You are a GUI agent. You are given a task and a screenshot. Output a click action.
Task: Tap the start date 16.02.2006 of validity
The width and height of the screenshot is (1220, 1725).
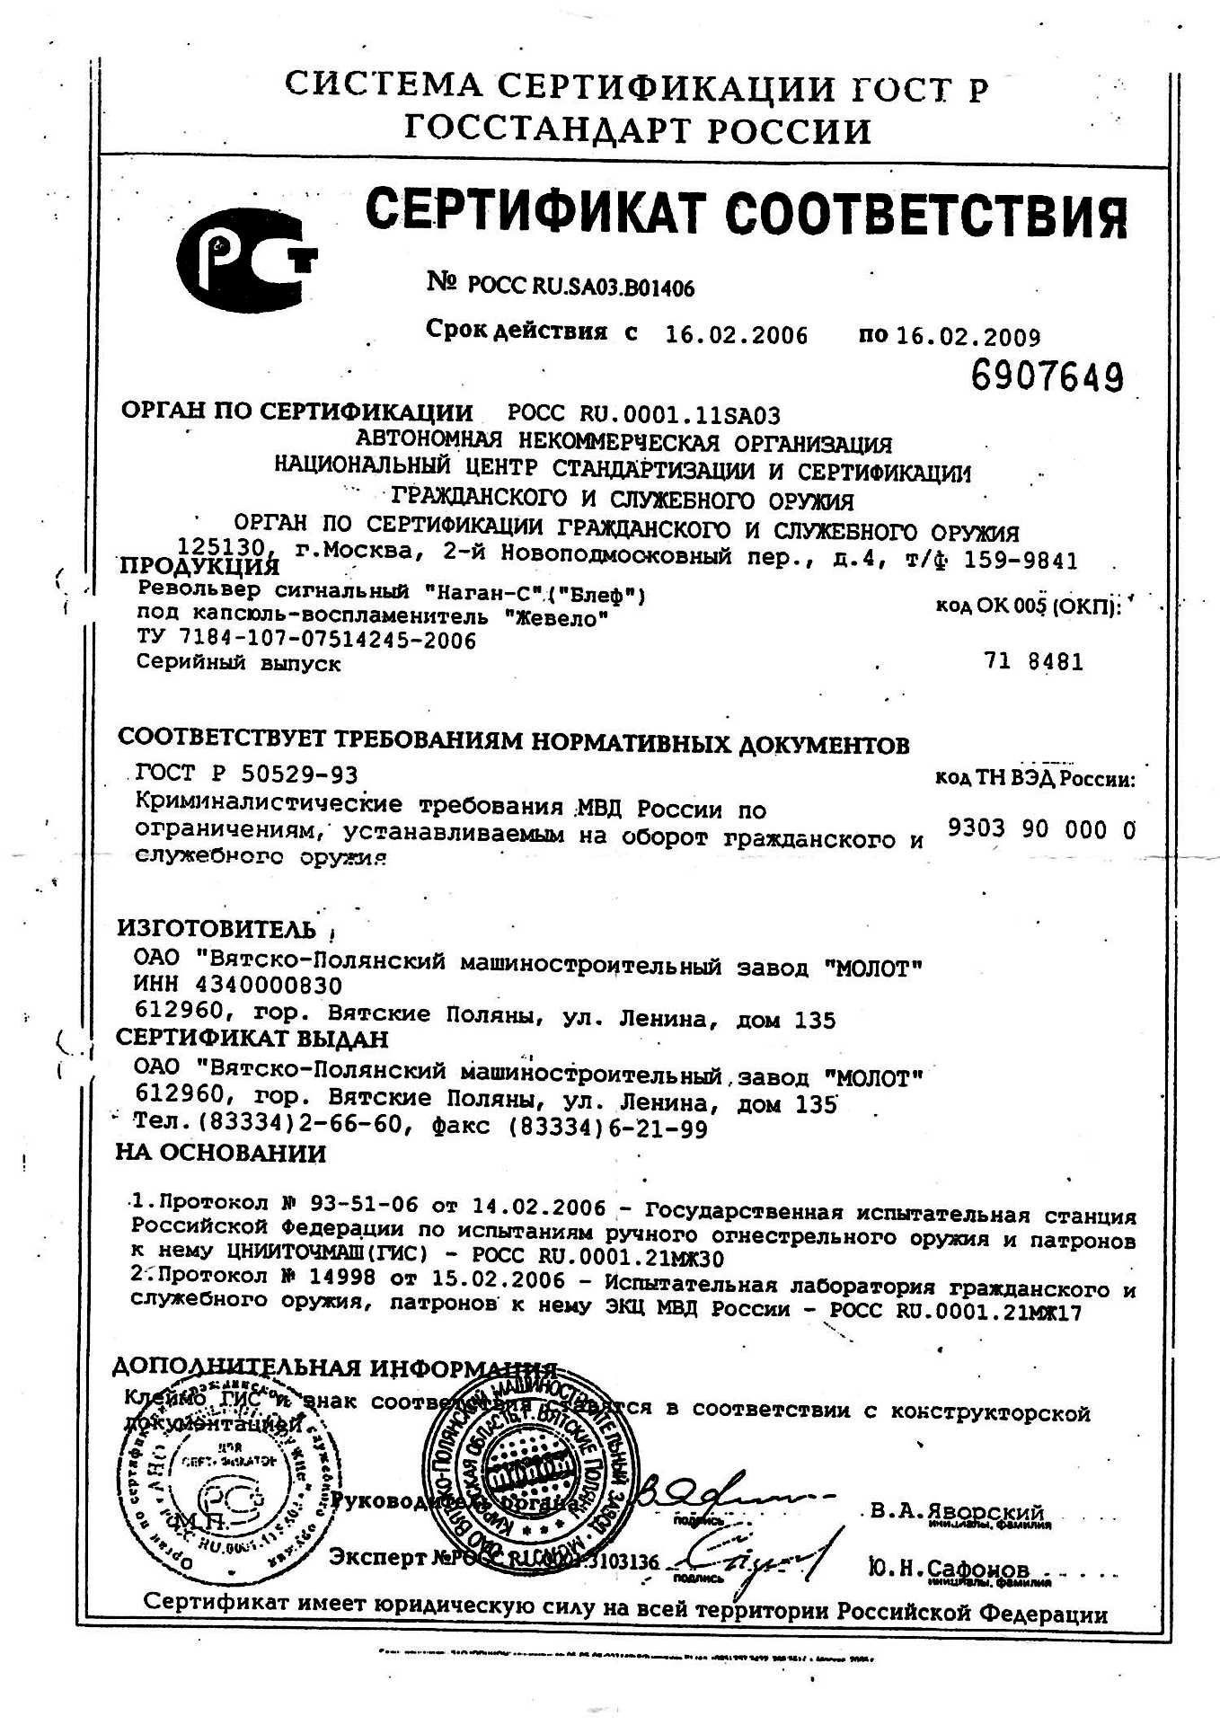point(736,336)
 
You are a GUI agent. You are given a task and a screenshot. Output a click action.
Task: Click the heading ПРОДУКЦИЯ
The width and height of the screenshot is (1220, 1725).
point(199,566)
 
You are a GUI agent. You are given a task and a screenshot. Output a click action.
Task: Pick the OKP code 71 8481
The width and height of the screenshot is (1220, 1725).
point(1033,662)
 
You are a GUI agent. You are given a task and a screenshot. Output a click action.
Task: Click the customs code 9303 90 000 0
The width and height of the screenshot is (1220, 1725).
point(1041,828)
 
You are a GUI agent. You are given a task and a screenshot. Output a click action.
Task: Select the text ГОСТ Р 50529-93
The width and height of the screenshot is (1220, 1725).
point(246,774)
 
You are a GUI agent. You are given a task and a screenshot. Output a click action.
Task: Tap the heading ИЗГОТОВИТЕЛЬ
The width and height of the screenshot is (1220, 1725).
point(217,929)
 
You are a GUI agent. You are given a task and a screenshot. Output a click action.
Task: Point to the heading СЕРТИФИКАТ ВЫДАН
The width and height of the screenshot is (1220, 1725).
point(252,1039)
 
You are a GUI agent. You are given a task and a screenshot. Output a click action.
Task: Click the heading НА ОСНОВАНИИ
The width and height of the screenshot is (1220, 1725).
point(220,1153)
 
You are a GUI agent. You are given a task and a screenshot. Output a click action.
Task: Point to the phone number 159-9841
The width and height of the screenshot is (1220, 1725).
point(1020,562)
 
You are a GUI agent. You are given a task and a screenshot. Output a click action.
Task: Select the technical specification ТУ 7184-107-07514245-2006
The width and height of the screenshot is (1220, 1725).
point(305,641)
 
